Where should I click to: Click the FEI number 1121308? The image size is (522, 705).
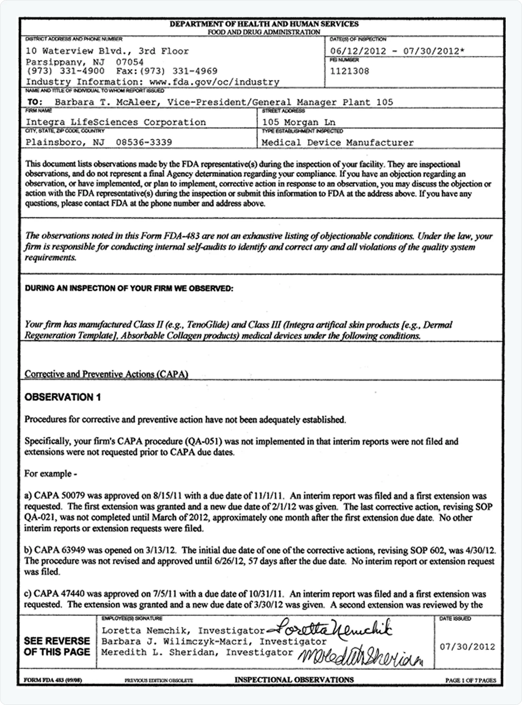pyautogui.click(x=349, y=71)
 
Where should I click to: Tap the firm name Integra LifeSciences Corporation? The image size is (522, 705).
pyautogui.click(x=116, y=122)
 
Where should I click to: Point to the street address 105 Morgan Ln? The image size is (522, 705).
pyautogui.click(x=299, y=122)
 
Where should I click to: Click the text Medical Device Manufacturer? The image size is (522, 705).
pyautogui.click(x=337, y=142)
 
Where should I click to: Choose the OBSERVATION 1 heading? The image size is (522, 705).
pyautogui.click(x=63, y=397)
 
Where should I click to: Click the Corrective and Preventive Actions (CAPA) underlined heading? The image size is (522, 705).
pyautogui.click(x=106, y=374)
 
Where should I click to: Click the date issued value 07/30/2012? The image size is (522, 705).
pyautogui.click(x=467, y=647)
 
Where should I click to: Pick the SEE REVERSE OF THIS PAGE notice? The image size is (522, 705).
pyautogui.click(x=57, y=646)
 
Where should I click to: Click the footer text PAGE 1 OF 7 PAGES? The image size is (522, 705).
pyautogui.click(x=471, y=680)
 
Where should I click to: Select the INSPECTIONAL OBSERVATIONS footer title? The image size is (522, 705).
pyautogui.click(x=294, y=680)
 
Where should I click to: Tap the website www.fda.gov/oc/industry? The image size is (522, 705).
pyautogui.click(x=214, y=82)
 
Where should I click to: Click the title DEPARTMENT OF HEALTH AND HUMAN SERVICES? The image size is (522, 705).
pyautogui.click(x=264, y=24)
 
